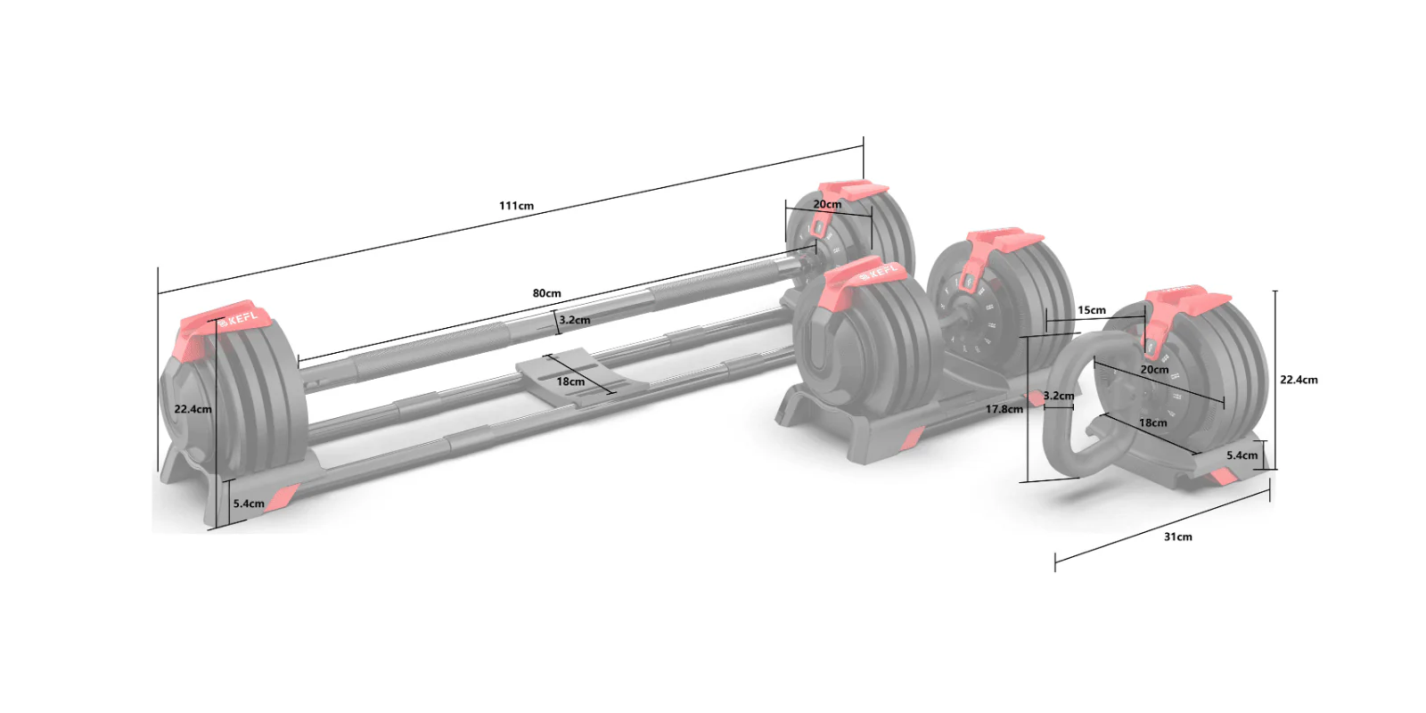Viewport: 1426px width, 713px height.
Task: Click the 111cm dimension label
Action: pos(516,206)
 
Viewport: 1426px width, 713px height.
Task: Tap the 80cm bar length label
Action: pos(547,293)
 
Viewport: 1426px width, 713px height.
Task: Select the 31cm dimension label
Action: pos(1177,537)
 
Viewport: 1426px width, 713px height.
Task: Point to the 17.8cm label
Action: pos(1004,409)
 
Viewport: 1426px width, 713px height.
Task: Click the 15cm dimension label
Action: pos(1091,310)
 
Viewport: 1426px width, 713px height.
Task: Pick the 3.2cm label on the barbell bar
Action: pos(574,320)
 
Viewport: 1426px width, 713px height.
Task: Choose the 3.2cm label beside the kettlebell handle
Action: pos(1059,396)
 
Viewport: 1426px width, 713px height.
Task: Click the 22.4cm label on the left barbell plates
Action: pos(193,409)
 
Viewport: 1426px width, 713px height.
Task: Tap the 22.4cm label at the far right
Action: pos(1299,380)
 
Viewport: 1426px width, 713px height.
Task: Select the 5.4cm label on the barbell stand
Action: pos(249,504)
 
